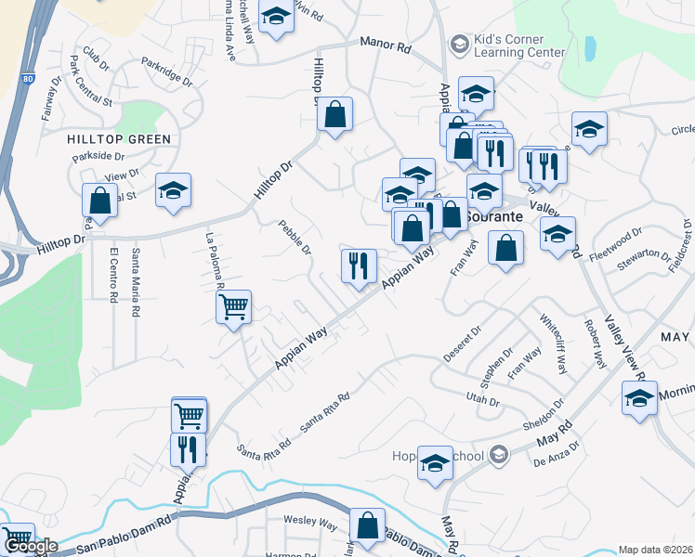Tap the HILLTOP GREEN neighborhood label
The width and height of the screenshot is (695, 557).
119,139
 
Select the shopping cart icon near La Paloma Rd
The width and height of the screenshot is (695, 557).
233,305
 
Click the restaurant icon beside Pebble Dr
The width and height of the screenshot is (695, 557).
359,266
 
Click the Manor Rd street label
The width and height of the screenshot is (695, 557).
386,44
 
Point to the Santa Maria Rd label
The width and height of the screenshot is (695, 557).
136,283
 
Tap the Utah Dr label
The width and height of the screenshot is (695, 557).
482,399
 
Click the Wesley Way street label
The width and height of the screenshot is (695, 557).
309,523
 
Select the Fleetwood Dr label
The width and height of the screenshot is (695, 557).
623,246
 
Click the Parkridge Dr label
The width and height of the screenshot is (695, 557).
167,71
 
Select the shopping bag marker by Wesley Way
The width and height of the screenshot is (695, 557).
367,525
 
